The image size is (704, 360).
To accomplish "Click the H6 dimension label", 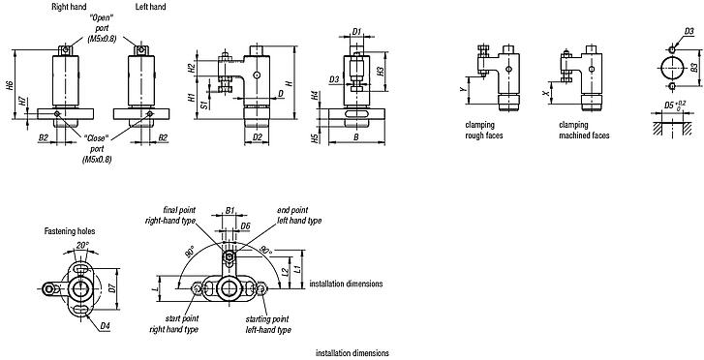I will tap(10, 86).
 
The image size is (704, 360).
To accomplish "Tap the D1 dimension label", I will tap(356, 32).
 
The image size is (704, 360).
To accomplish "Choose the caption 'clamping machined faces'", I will tap(584, 131).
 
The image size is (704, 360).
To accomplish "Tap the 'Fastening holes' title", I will tap(69, 231).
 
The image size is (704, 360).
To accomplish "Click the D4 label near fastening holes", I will tap(104, 325).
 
